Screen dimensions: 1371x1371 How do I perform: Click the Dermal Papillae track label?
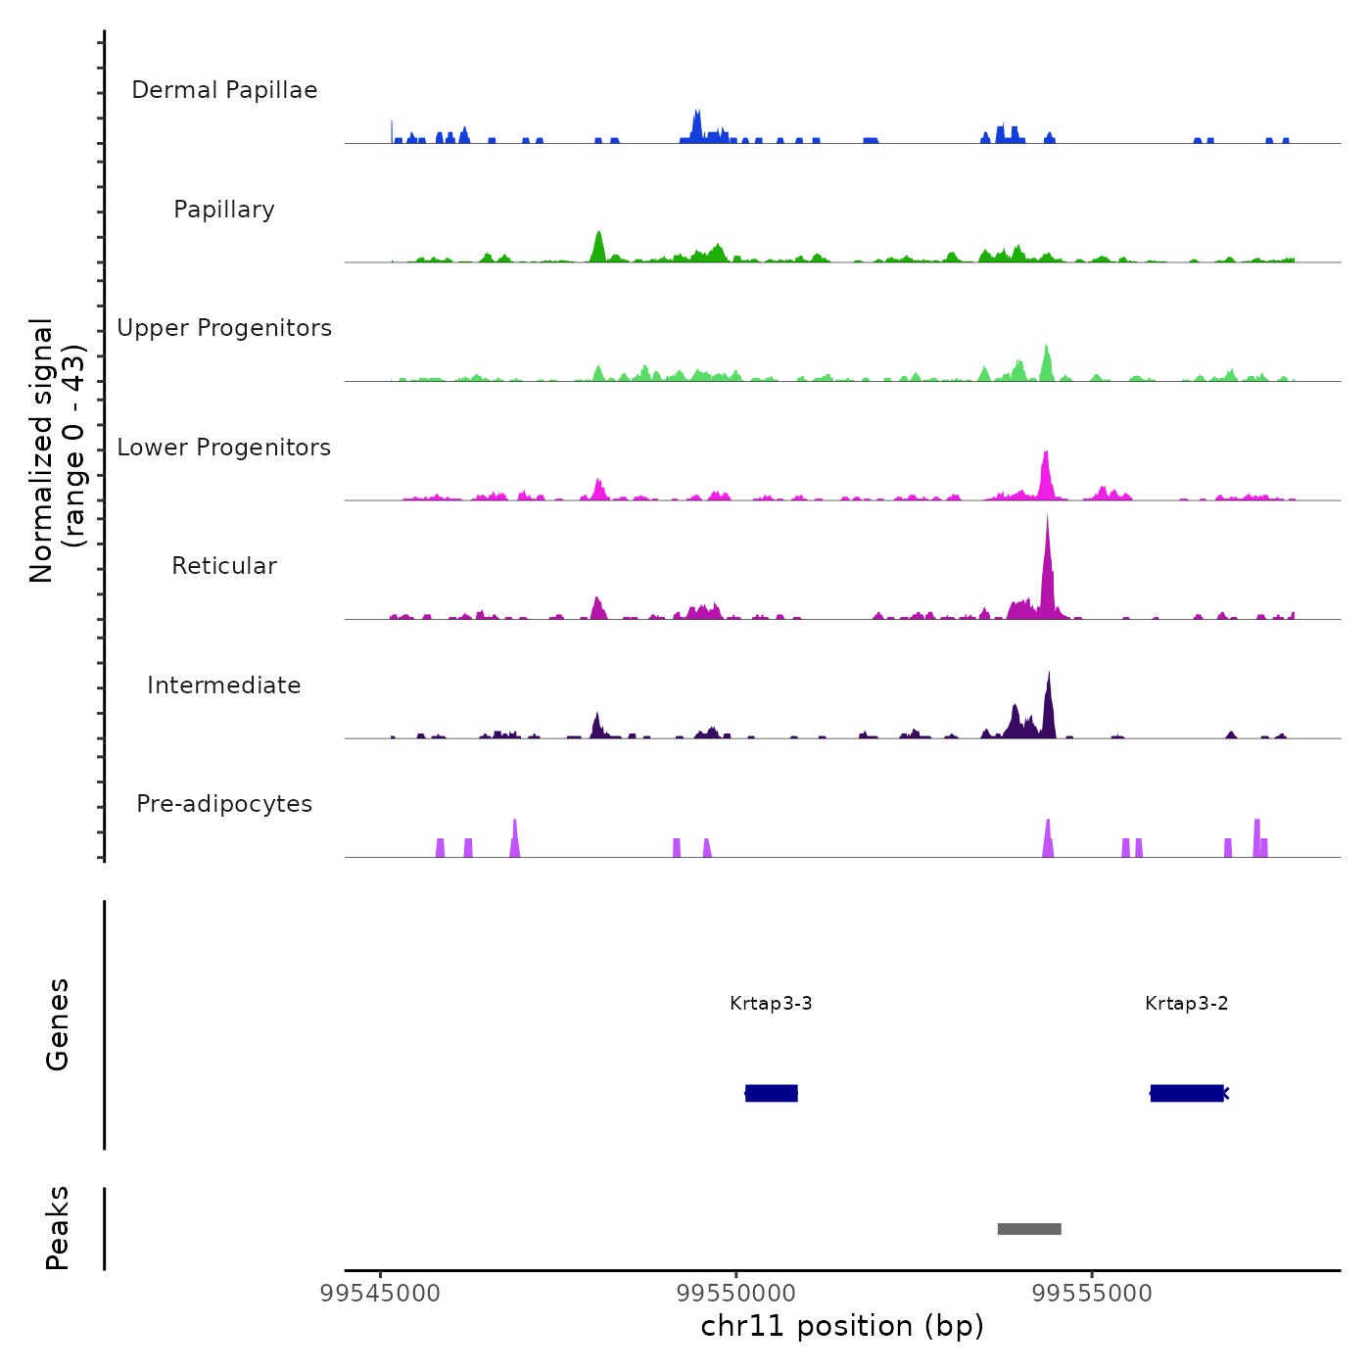(x=224, y=90)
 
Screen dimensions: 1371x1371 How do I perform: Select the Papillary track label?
(x=224, y=210)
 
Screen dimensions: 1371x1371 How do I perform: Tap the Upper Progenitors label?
(x=224, y=328)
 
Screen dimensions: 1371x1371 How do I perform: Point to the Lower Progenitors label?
(x=224, y=448)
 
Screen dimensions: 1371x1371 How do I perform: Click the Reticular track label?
(x=224, y=566)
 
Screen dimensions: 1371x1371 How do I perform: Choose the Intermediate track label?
(x=224, y=685)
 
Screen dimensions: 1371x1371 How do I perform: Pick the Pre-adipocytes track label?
(x=224, y=804)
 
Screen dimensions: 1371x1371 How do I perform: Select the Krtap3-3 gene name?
(x=771, y=1004)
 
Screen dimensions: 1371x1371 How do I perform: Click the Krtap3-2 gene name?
(x=1186, y=1004)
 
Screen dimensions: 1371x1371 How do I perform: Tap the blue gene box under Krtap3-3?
(x=772, y=1093)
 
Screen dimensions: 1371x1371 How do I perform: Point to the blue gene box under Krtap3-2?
(x=1187, y=1093)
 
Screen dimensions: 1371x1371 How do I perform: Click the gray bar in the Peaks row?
(x=1029, y=1229)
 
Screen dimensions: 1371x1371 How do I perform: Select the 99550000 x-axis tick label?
(x=736, y=1294)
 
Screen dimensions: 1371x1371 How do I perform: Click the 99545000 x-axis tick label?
(x=381, y=1294)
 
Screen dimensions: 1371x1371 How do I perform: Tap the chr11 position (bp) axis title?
(x=842, y=1326)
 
